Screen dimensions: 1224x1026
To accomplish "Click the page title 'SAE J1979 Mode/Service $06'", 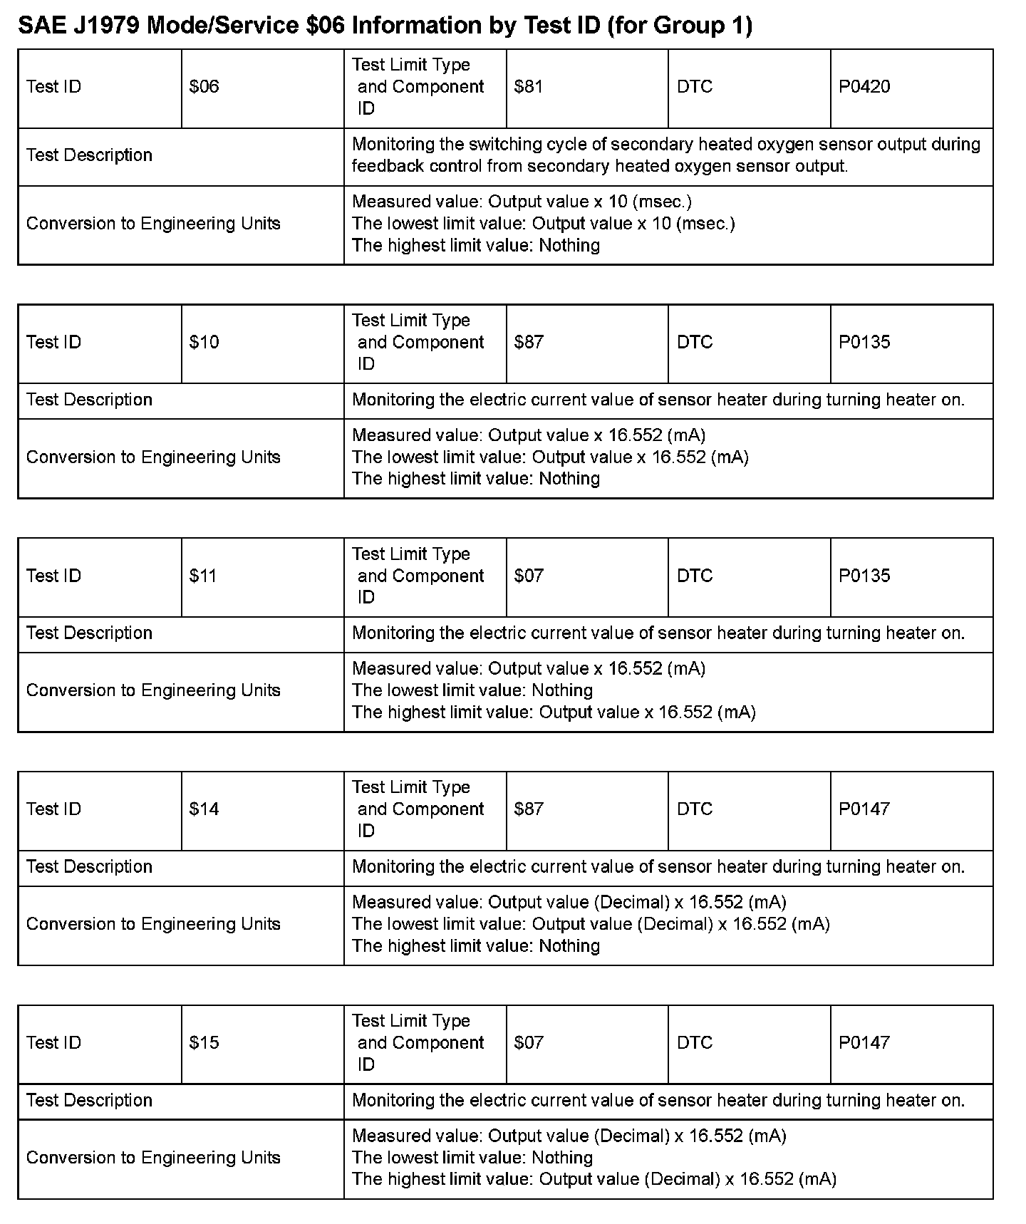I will (x=385, y=26).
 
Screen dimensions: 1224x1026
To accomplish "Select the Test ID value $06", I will (x=204, y=87).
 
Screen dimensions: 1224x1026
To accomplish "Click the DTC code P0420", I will (x=864, y=87).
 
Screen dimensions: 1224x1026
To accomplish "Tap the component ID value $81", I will (x=528, y=87).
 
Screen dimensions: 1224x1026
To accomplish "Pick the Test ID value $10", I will (x=204, y=342).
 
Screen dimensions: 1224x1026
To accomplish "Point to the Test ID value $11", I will (x=203, y=576).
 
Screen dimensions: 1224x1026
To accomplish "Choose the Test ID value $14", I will (x=204, y=809).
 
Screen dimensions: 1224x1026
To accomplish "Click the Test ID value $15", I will (x=204, y=1042).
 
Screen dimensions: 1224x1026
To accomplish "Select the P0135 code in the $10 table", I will (x=864, y=342).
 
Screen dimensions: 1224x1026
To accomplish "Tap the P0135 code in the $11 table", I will (x=864, y=576).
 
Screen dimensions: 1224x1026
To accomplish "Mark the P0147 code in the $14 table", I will (x=864, y=809).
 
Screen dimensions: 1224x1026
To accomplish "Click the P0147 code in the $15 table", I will (x=864, y=1042).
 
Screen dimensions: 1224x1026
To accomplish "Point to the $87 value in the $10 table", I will (x=528, y=342).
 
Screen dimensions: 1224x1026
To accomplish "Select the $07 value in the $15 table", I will (x=528, y=1042).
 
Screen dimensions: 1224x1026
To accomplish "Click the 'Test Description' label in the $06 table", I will (x=89, y=155).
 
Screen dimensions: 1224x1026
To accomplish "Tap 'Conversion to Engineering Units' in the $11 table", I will (x=153, y=690).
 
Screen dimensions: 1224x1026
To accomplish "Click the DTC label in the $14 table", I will (x=694, y=809).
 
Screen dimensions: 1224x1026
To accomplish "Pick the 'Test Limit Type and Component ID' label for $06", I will (x=418, y=87).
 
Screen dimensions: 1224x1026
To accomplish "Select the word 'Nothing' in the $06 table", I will (x=569, y=246).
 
